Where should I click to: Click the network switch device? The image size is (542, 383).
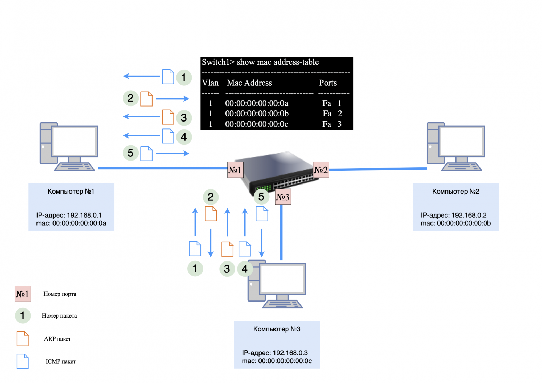tap(278, 171)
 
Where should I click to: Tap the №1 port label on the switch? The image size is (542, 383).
tap(235, 170)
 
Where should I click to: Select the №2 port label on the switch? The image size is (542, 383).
tap(321, 170)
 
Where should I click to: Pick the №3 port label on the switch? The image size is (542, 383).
tap(283, 197)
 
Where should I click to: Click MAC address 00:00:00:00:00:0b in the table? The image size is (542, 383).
tap(257, 114)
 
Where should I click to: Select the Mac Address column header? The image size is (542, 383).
tap(249, 83)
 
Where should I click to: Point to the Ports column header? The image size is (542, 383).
tap(328, 83)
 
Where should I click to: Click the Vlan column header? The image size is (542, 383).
tap(210, 83)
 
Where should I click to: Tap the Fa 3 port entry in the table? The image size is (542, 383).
tap(332, 124)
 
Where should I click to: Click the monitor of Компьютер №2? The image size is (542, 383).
tap(462, 141)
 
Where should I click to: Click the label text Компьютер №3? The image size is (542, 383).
tap(277, 329)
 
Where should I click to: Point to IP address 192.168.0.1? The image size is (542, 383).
tap(84, 215)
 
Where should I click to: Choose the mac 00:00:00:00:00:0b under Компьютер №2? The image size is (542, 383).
tap(463, 223)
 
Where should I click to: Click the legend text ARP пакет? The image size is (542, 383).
tap(57, 339)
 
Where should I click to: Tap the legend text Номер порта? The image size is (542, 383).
tap(60, 294)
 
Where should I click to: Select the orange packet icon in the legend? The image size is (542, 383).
tap(23, 339)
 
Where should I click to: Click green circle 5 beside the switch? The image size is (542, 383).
tap(261, 197)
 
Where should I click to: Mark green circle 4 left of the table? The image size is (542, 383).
tap(184, 137)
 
